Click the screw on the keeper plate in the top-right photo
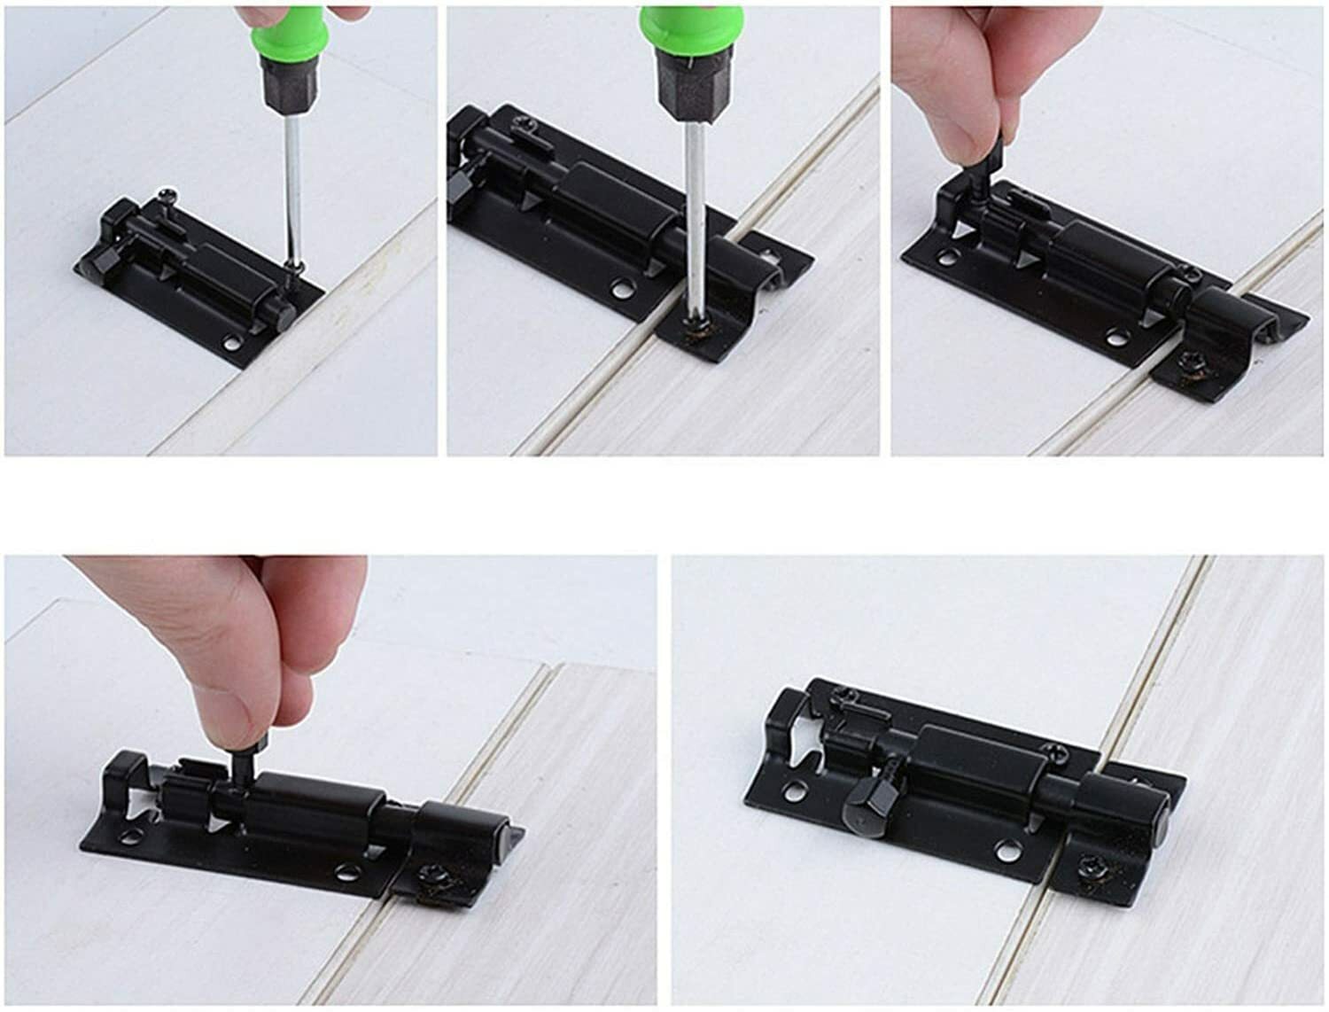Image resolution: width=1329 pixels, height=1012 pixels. (x=1189, y=362)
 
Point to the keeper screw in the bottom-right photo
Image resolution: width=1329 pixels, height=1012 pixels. (x=1085, y=863)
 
